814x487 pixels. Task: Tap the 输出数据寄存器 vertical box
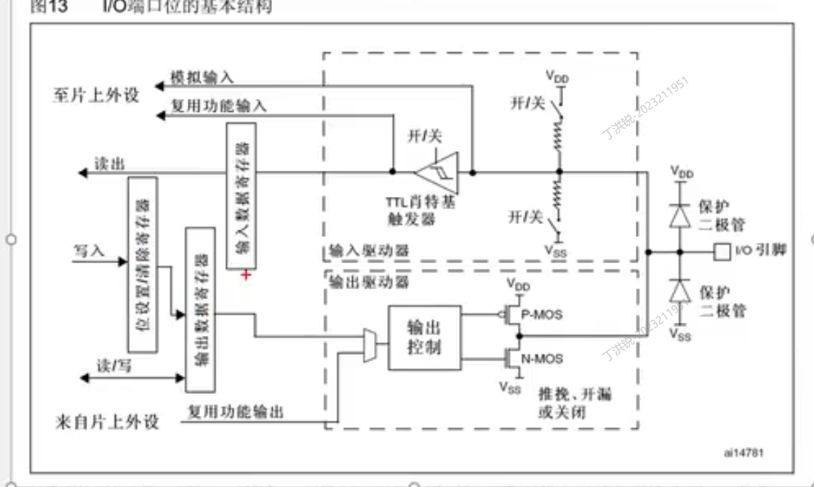[x=200, y=310]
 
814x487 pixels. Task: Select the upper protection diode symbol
[x=680, y=216]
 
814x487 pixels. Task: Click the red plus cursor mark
[x=246, y=275]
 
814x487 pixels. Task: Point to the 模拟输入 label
[x=201, y=77]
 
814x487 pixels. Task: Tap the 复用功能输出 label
[x=236, y=412]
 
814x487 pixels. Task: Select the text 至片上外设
[x=95, y=96]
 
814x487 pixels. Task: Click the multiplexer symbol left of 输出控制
[x=369, y=343]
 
